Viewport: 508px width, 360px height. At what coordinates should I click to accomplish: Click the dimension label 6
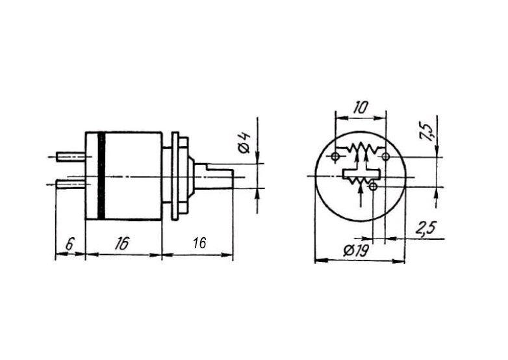(x=70, y=243)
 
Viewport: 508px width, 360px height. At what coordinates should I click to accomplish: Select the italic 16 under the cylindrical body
(x=122, y=243)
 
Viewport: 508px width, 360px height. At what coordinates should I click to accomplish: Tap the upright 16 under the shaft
(x=199, y=242)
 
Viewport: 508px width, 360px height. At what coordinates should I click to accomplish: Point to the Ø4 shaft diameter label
(x=245, y=142)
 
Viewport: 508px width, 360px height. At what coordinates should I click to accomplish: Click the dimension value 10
(x=361, y=108)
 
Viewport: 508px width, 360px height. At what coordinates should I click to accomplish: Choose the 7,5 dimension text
(x=426, y=131)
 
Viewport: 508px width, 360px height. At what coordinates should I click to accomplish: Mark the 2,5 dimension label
(x=425, y=229)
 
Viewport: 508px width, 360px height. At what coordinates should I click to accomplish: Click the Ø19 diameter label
(x=357, y=250)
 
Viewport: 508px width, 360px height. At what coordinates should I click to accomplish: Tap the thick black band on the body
(x=101, y=175)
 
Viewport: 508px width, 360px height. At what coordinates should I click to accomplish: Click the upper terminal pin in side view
(x=71, y=157)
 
